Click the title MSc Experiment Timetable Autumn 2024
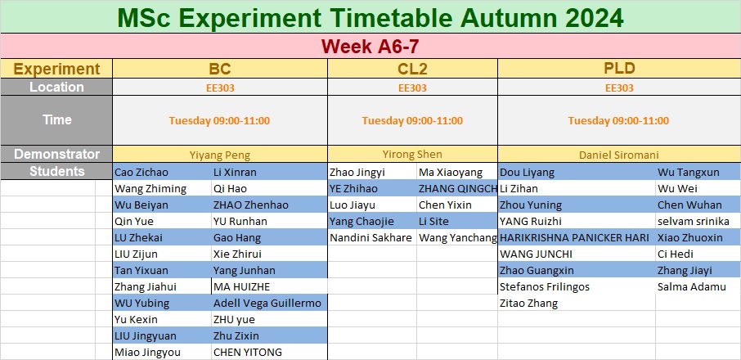370,17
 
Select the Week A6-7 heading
370,47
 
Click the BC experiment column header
220,69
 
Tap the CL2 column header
412,69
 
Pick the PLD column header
619,69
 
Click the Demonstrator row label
56,154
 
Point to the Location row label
56,87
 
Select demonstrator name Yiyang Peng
220,155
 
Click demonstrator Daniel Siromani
619,155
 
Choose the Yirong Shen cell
412,154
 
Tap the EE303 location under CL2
412,88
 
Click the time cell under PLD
618,120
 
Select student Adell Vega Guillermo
267,304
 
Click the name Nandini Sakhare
371,237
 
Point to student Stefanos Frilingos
545,286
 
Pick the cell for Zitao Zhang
529,304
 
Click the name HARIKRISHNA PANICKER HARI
574,237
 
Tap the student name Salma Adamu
691,286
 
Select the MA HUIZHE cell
242,286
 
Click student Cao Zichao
141,173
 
